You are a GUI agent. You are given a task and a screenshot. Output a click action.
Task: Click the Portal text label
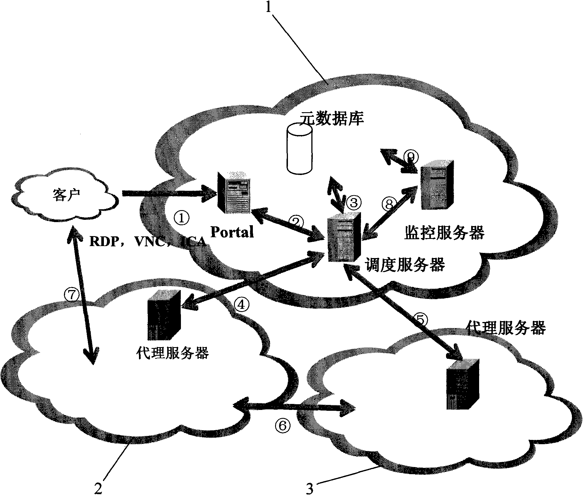click(x=232, y=232)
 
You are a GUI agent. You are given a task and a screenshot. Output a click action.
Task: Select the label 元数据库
click(x=330, y=119)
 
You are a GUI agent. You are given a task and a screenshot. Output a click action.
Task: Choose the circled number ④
click(x=242, y=305)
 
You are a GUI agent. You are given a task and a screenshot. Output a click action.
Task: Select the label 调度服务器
click(x=405, y=264)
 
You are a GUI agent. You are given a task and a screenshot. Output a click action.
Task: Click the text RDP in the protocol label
click(x=100, y=242)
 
